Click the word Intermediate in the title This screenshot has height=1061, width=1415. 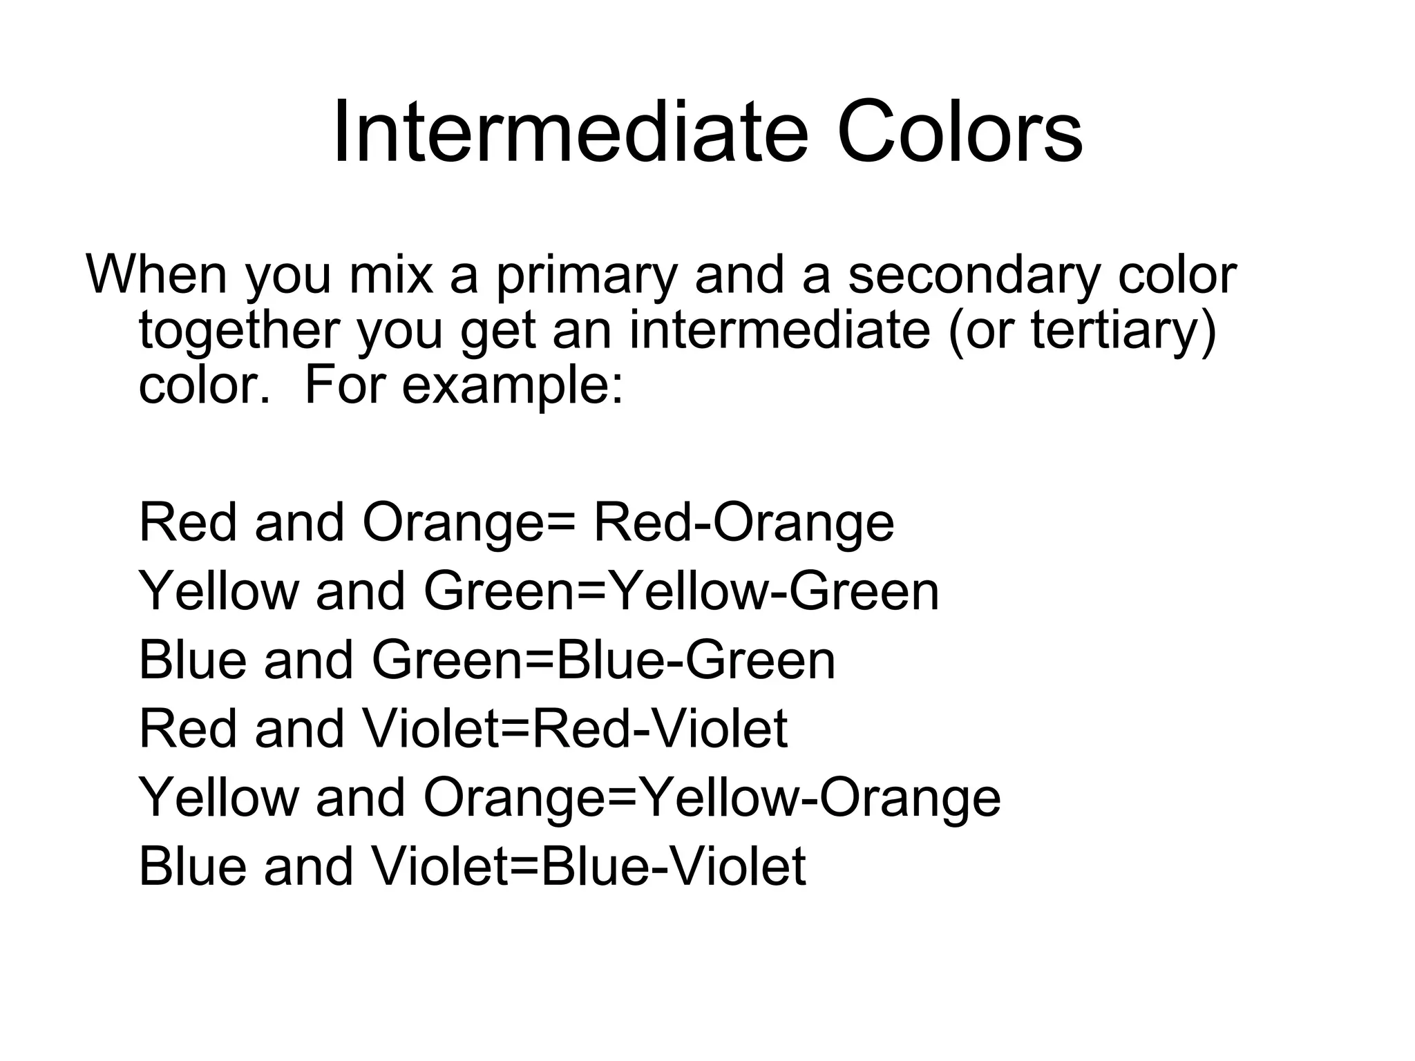coord(570,133)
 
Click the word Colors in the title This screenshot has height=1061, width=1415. coord(960,133)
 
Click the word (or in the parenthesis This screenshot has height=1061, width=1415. coord(982,331)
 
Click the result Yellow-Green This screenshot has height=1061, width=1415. coord(775,592)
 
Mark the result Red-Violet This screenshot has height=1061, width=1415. coord(660,729)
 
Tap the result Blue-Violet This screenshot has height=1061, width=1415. coord(673,867)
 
